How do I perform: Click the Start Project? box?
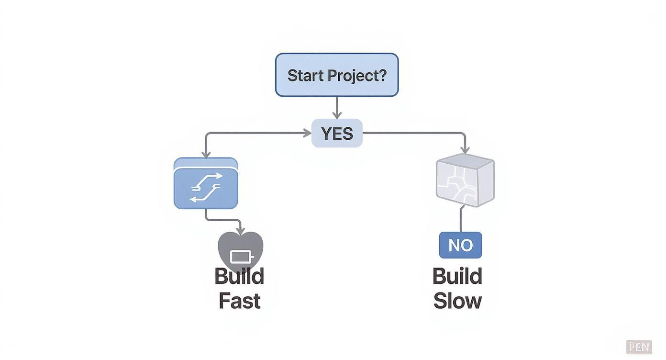click(x=337, y=75)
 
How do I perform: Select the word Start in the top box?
click(x=305, y=76)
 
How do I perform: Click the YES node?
click(x=337, y=134)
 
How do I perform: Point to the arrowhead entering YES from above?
click(x=337, y=115)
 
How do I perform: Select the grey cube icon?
click(x=465, y=181)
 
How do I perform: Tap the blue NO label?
click(x=460, y=245)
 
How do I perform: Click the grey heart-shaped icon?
click(x=240, y=249)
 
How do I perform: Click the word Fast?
click(x=239, y=301)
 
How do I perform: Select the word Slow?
click(x=457, y=301)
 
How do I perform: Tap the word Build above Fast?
click(x=239, y=277)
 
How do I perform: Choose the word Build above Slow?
click(x=457, y=277)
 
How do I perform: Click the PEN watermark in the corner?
click(x=639, y=347)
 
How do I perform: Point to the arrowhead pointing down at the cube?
click(x=464, y=150)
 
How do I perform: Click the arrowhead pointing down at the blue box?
click(x=206, y=154)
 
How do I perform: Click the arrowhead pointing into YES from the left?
click(x=308, y=133)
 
